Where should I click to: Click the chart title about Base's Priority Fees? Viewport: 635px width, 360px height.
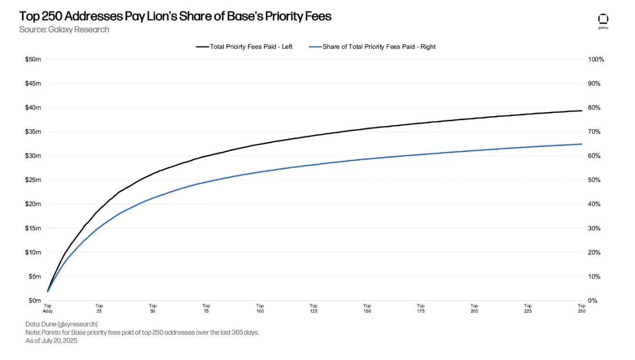(175, 16)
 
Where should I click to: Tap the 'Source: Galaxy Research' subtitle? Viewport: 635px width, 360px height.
(64, 30)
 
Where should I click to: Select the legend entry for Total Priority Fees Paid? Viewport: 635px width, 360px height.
(244, 47)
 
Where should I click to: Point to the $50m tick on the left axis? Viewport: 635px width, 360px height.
(33, 59)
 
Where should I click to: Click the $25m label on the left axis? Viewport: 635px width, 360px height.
(33, 180)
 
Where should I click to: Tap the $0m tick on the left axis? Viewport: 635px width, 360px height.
(35, 301)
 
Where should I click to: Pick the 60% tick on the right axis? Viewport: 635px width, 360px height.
(594, 156)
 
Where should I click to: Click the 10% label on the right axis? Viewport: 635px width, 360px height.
(594, 277)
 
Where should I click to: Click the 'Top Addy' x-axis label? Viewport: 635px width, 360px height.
(47, 308)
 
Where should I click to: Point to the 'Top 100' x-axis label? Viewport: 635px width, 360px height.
(260, 308)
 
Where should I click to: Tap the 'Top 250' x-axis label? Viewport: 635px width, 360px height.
(581, 308)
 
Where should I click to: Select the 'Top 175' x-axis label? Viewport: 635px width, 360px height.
(420, 308)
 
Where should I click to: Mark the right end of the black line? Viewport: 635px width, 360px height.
(581, 111)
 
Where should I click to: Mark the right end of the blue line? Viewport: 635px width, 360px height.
(581, 144)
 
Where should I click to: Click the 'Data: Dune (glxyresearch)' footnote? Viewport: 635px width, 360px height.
(61, 324)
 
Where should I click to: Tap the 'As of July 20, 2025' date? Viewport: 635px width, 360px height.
(51, 341)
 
